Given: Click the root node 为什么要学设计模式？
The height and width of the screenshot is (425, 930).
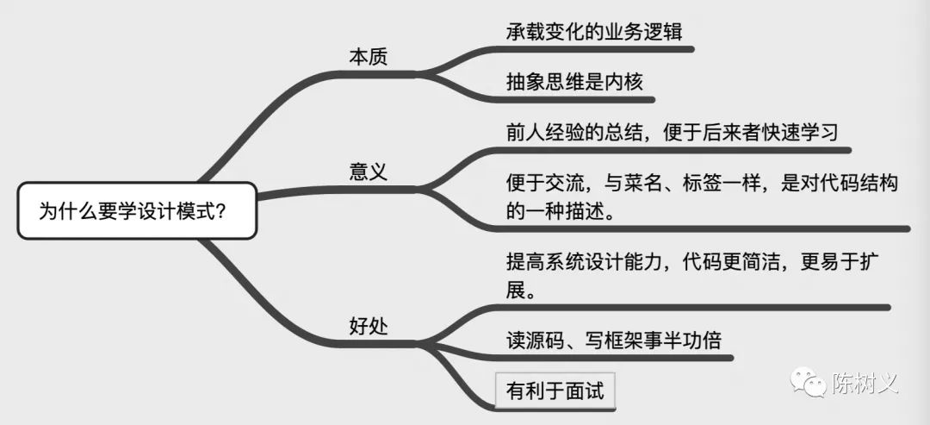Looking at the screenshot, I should pyautogui.click(x=137, y=210).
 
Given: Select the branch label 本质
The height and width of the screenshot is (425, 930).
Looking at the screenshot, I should pyautogui.click(x=368, y=57).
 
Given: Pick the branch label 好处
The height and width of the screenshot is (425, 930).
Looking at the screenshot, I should pyautogui.click(x=368, y=325).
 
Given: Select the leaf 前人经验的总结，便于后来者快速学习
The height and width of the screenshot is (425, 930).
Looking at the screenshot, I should pyautogui.click(x=673, y=133).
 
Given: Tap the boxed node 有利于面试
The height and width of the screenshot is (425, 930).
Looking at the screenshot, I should pyautogui.click(x=555, y=391).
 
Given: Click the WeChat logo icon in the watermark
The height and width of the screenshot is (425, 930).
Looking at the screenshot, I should pyautogui.click(x=805, y=384).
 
